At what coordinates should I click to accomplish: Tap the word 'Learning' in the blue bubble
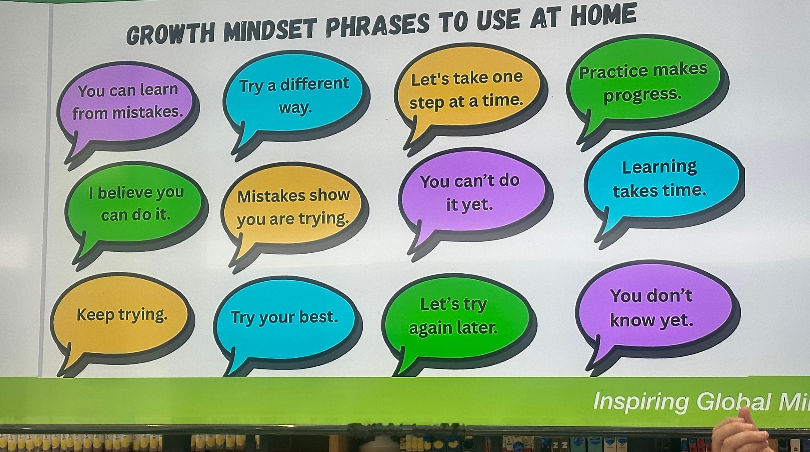659,167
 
